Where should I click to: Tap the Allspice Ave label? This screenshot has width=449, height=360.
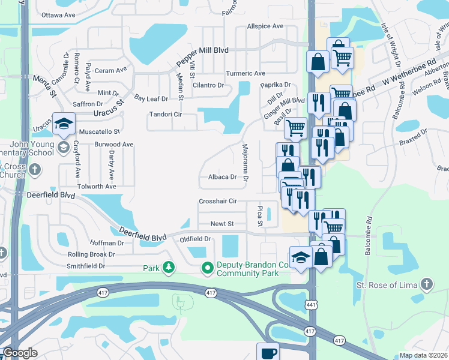pos(265,26)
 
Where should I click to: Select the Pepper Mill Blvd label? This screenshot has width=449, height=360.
pos(202,57)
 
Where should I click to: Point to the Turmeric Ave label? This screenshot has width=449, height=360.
pos(246,73)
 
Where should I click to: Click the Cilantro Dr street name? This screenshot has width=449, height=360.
pos(208,85)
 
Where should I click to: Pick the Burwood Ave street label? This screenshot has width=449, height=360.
pos(113,145)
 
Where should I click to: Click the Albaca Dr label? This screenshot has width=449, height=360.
pos(223,177)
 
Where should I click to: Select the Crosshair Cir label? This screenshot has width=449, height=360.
pos(218,201)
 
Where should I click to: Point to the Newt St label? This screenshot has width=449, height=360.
pos(221,224)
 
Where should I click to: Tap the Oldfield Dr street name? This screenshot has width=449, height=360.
pos(196,239)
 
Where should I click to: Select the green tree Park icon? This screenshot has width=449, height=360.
pos(169,267)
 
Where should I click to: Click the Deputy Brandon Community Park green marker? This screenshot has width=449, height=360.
pos(208,267)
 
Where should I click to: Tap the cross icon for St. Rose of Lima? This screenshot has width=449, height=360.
pos(427,284)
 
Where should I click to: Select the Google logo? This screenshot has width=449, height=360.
pos(20,353)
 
